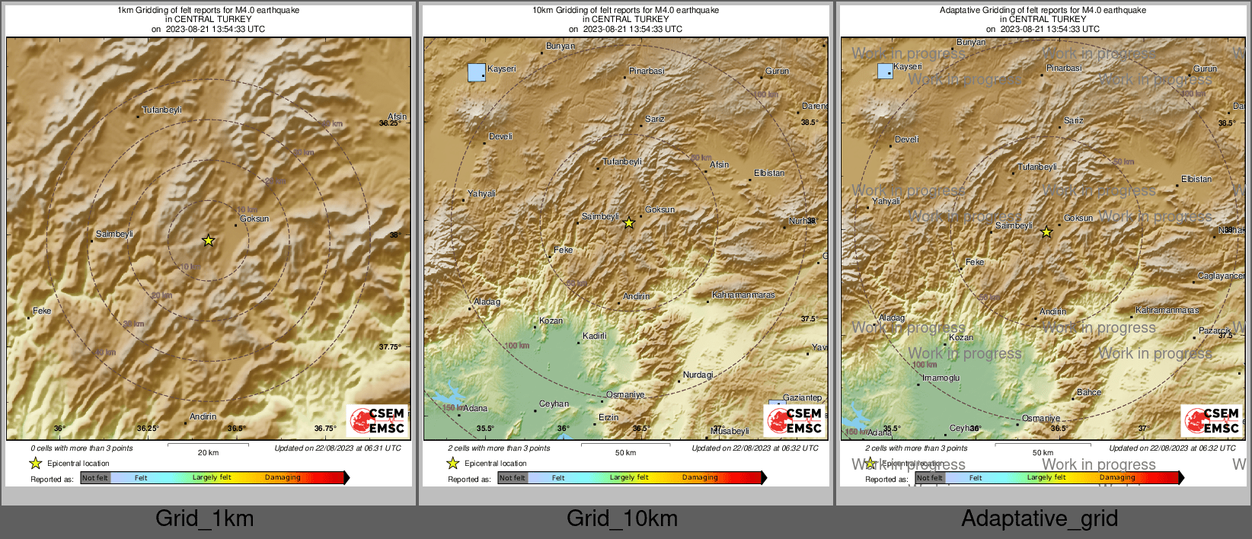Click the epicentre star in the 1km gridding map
208,241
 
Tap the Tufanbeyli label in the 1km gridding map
162,110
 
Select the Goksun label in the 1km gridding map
254,218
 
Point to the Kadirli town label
595,336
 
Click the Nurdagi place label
698,375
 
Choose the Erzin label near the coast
608,417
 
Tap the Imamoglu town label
941,378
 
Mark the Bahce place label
1089,392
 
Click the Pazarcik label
1214,330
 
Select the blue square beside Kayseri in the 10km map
477,72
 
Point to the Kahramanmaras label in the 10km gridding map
743,295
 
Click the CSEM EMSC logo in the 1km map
377,420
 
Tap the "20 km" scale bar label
208,452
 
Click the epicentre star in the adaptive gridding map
1046,232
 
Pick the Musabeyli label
730,431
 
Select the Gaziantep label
803,397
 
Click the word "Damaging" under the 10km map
700,477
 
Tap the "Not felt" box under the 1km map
95,478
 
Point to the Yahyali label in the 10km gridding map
481,193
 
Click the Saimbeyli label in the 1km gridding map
114,234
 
